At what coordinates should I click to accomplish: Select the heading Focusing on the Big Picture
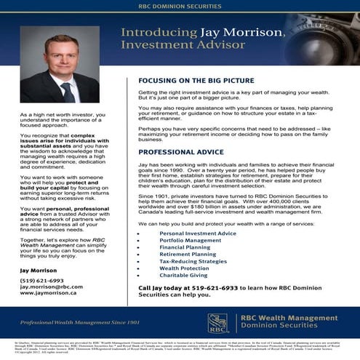pos(196,81)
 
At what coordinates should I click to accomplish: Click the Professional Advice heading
pos(181,152)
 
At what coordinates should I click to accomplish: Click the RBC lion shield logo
pos(217,322)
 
